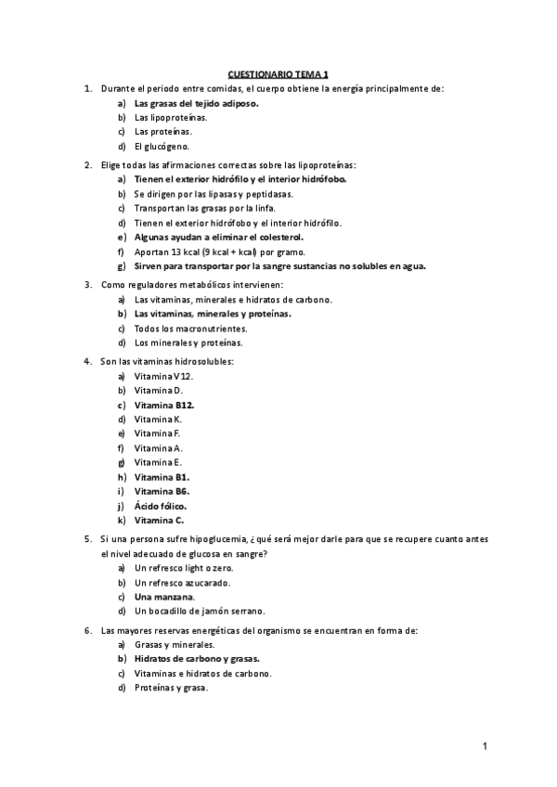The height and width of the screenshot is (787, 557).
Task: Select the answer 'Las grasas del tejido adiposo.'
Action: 196,104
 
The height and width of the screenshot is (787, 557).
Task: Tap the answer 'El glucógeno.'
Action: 162,147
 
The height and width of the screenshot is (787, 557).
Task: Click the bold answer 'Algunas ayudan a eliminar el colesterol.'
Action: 218,238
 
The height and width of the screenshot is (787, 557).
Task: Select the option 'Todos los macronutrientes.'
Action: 189,329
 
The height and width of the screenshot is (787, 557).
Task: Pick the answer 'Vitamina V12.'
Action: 163,376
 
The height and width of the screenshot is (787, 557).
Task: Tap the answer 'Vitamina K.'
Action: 158,419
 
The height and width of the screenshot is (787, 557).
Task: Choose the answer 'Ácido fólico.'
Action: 161,506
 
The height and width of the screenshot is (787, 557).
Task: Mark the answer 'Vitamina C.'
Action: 159,521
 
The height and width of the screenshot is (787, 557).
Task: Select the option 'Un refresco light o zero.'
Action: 184,567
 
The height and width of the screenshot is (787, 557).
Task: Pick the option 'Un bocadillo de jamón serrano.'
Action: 200,611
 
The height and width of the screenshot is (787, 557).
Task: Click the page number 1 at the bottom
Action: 485,745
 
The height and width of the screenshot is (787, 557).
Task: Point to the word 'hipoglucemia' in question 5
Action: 216,538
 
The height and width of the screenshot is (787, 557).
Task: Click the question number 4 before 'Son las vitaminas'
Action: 87,360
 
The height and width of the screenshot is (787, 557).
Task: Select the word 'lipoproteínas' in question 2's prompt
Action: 314,164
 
